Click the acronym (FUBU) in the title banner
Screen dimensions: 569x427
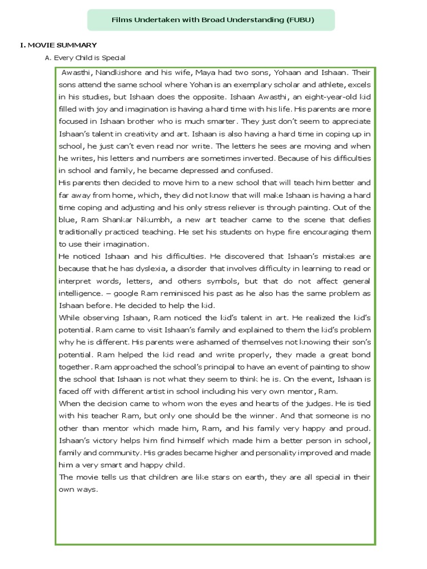[300, 20]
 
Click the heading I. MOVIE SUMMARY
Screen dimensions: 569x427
[58, 45]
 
